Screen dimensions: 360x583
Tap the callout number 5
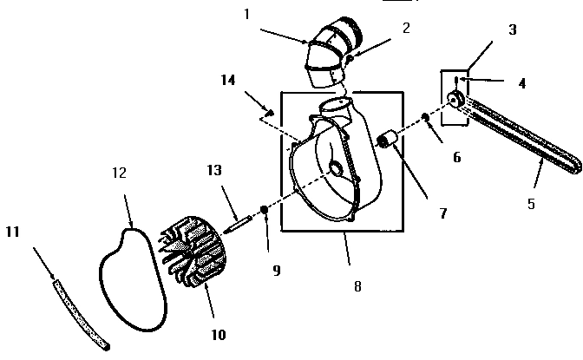tap(531, 205)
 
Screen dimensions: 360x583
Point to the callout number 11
tap(11, 232)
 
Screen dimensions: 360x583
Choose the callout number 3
tap(513, 29)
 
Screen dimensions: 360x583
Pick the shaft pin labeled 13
tap(239, 217)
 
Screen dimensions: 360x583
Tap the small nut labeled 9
tap(264, 209)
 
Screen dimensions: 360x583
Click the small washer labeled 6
tap(425, 118)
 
